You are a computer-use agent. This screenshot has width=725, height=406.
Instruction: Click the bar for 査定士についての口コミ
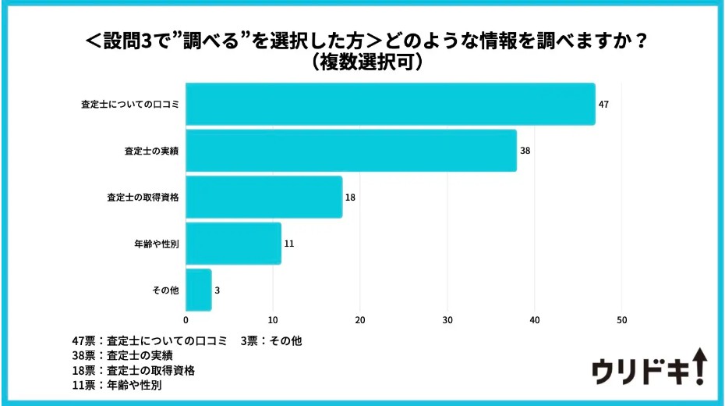[x=391, y=104]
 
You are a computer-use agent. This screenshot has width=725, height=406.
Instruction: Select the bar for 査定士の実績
[x=351, y=150]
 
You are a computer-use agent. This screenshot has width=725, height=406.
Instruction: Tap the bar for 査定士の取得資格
[x=264, y=197]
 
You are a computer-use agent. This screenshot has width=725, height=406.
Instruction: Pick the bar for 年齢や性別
[x=234, y=243]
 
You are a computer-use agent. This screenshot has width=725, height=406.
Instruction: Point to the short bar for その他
[x=199, y=290]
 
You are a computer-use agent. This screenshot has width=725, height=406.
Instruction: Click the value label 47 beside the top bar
[x=603, y=104]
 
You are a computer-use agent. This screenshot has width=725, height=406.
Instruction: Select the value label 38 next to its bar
[x=525, y=150]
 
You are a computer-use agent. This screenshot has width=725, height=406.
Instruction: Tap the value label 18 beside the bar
[x=350, y=197]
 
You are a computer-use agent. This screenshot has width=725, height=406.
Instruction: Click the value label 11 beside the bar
[x=288, y=243]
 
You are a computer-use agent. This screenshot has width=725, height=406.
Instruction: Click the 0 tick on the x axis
[x=186, y=320]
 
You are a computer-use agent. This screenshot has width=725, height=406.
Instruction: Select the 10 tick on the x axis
[x=273, y=320]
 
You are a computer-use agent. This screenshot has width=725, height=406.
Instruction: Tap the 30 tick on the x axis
[x=447, y=320]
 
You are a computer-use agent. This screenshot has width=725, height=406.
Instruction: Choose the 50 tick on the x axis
[x=621, y=320]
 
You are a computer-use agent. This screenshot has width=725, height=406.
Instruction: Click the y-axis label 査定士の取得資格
[x=143, y=197]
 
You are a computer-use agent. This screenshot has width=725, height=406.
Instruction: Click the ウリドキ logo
[x=649, y=368]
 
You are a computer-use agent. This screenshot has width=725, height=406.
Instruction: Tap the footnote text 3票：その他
[x=271, y=340]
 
